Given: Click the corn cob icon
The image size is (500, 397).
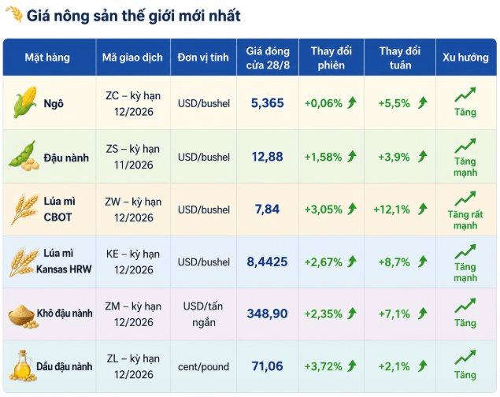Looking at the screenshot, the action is [25, 102].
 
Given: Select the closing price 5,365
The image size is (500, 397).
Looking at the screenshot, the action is [267, 103].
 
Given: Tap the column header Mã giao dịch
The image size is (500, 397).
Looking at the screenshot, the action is [132, 58].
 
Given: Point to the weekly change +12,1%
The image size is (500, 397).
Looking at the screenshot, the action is [391, 210].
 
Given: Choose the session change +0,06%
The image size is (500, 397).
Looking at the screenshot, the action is [323, 103].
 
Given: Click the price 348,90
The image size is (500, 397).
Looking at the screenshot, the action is [267, 314].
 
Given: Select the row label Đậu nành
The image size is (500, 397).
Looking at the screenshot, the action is [66, 158].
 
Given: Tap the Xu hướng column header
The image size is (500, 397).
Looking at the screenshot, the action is [465, 58].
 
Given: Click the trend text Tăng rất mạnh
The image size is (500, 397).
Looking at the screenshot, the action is [465, 220].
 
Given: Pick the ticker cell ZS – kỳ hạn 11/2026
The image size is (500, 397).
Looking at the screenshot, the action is [133, 157].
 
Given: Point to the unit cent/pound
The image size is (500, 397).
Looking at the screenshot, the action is [203, 367].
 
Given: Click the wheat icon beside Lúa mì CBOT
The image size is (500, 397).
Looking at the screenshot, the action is [24, 210].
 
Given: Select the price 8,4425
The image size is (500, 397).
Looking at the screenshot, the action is [267, 262].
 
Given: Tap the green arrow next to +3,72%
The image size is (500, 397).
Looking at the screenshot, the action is [352, 365].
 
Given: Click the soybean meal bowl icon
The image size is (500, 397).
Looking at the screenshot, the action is [22, 315].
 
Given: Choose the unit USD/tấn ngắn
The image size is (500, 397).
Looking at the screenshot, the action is [203, 314].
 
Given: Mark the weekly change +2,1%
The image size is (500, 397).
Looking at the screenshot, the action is [394, 366].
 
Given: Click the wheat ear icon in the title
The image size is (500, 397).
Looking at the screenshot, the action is [14, 14].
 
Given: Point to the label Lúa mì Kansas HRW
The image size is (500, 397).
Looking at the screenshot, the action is [64, 262].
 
